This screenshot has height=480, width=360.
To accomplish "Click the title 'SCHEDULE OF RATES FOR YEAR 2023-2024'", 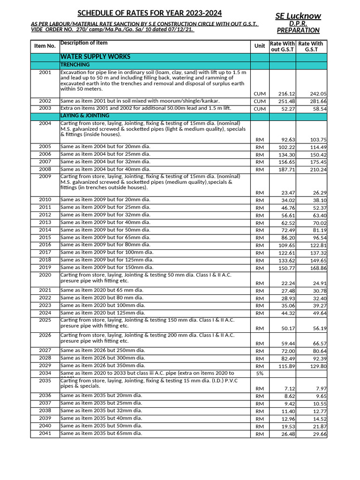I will tap(150, 13).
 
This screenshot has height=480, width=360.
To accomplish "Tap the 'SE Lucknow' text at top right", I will tap(298, 16).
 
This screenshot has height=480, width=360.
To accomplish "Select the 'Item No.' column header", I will tap(45, 46).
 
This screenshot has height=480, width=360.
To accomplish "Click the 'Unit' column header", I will tap(259, 46).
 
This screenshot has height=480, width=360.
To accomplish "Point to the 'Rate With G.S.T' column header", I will tap(311, 46).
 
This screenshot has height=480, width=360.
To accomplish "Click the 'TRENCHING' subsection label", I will tap(75, 65).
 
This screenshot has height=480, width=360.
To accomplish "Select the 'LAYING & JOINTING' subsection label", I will tap(85, 115).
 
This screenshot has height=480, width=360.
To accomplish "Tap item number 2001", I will tap(45, 73).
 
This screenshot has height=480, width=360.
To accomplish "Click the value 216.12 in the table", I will tap(286, 94).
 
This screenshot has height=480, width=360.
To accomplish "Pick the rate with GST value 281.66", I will tap(318, 101).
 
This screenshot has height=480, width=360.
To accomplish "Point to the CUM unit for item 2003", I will tap(259, 109).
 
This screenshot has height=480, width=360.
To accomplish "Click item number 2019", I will tap(45, 267).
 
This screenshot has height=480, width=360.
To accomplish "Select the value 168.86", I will tap(318, 268).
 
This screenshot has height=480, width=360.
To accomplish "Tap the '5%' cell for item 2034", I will tap(259, 374).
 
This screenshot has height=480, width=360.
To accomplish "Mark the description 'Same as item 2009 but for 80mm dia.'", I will tap(105, 245).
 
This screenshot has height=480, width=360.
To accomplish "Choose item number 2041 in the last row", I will tap(45, 433).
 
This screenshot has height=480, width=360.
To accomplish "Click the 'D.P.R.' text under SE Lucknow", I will tap(298, 23).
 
